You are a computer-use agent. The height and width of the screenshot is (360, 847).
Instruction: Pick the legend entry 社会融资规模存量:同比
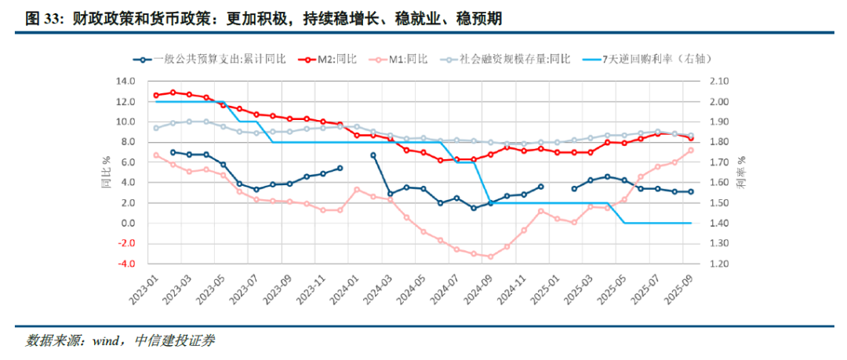point(514,58)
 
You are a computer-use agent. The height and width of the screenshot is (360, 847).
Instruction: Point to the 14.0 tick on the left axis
point(125,82)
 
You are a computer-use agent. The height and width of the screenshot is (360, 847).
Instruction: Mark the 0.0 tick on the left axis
point(128,224)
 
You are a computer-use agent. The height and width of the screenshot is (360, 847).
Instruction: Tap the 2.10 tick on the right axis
point(719,82)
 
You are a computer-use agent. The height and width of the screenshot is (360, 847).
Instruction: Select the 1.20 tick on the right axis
point(719,264)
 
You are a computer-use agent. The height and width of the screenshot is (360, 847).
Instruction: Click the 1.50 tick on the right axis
point(719,203)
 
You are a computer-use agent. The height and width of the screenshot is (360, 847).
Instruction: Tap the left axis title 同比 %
point(104,173)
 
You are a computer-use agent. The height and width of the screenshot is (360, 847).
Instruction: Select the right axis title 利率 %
point(742,173)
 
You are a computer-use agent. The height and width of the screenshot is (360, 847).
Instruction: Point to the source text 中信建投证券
point(175,341)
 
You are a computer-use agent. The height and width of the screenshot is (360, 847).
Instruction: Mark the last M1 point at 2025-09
point(691,151)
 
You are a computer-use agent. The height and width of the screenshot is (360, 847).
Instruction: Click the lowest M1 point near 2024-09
point(491,256)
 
